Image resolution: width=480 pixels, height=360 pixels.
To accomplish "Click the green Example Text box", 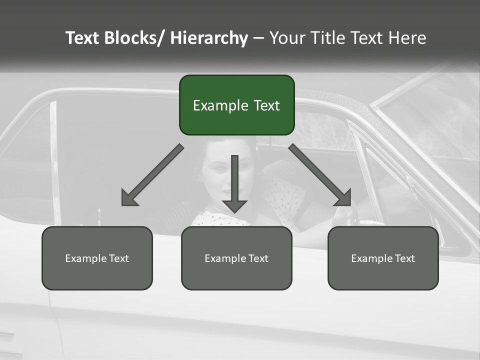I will tap(236, 105).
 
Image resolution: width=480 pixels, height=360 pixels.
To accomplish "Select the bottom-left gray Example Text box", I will tap(97, 258).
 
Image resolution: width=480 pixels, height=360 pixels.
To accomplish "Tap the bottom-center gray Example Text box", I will tap(236, 258).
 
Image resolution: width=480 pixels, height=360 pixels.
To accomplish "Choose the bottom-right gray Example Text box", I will tap(383, 258).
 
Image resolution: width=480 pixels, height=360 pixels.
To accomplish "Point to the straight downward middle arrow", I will tap(234, 180).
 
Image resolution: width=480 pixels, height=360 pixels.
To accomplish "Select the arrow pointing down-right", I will tap(320, 175).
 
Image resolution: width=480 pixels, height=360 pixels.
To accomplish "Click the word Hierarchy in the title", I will tap(209, 38).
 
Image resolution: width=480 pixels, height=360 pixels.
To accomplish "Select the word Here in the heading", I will tap(407, 38).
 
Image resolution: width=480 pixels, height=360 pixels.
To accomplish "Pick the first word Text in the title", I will tap(83, 38).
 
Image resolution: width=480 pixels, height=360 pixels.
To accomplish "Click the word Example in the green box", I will tap(219, 105).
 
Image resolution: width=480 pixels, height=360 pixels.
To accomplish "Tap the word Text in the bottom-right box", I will tap(405, 258).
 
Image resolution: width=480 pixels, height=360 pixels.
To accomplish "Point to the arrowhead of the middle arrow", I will tap(234, 206).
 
